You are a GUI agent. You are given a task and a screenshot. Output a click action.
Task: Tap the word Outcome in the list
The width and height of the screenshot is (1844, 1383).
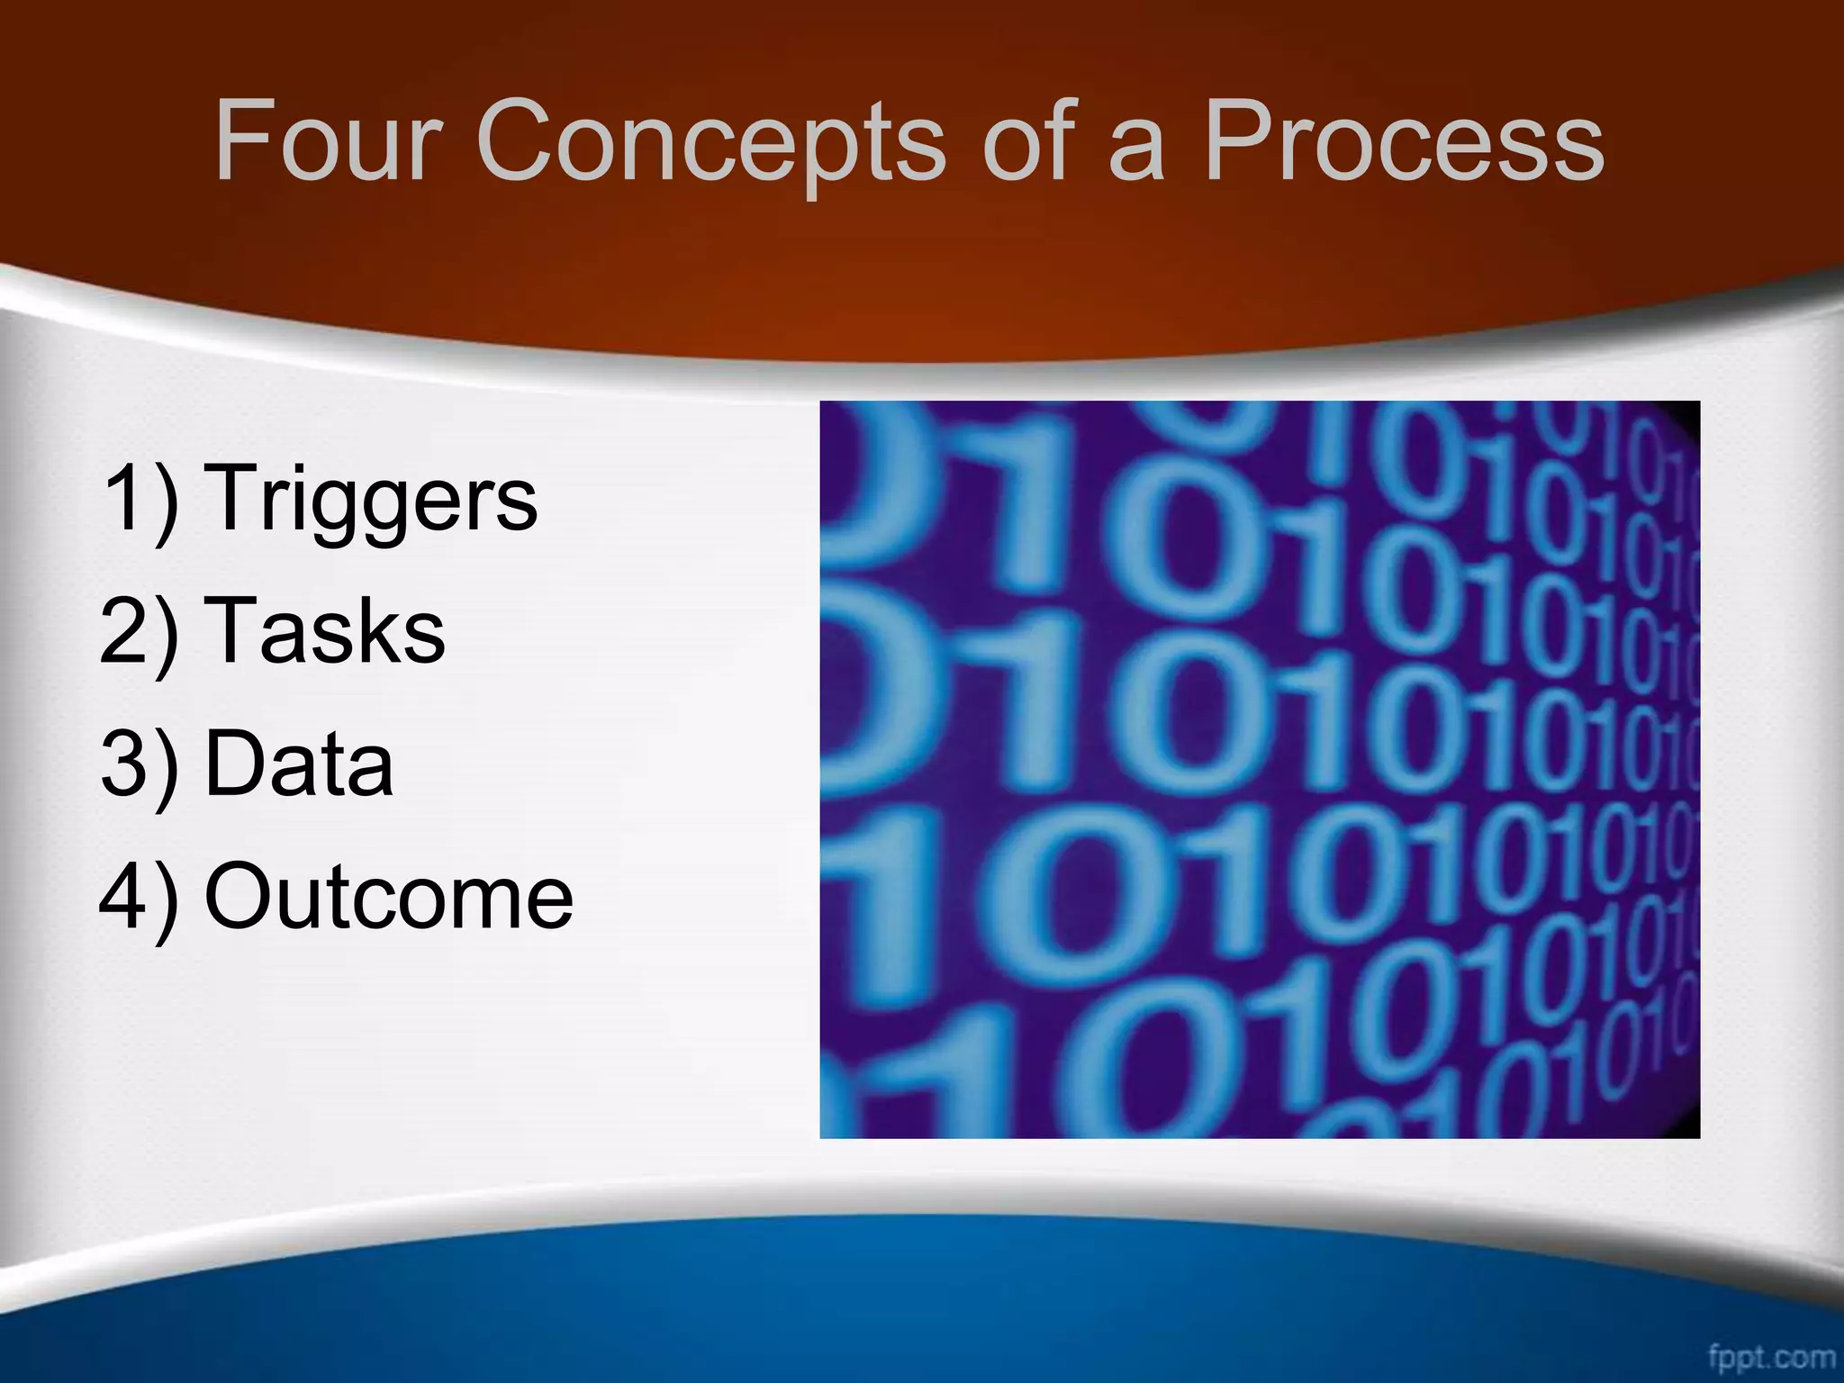(x=389, y=897)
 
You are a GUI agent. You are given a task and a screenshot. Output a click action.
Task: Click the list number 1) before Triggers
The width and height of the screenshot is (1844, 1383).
(x=140, y=499)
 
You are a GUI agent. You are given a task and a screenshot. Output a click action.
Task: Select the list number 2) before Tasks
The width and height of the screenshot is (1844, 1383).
(x=140, y=632)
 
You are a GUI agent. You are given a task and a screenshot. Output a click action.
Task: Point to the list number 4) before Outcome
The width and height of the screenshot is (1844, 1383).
(x=140, y=899)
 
